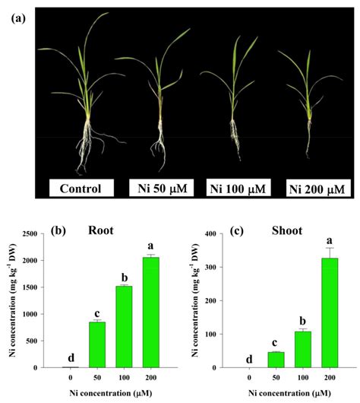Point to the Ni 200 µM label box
click(314, 188)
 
